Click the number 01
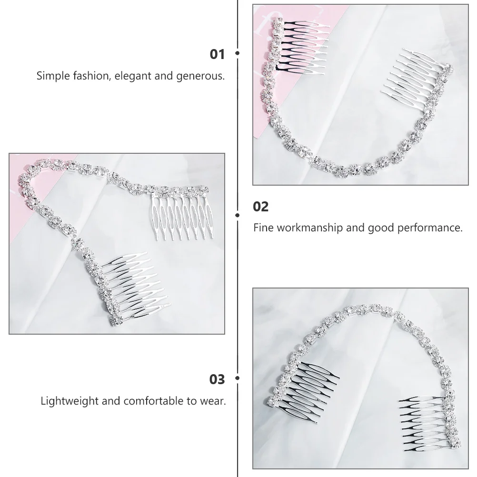click(x=217, y=54)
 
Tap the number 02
click(x=261, y=207)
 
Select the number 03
click(x=217, y=379)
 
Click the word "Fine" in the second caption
click(x=262, y=228)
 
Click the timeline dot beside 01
click(x=237, y=54)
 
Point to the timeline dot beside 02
click(x=237, y=215)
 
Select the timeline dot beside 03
click(x=237, y=379)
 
